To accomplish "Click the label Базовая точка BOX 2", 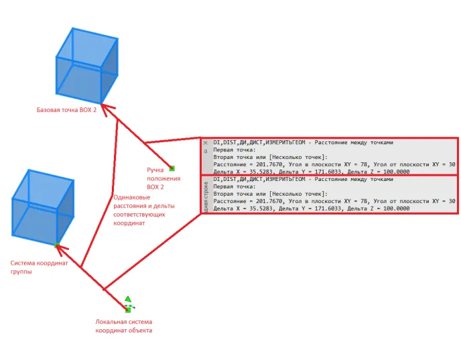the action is [x=66, y=110].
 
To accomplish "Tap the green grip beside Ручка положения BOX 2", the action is [x=172, y=168].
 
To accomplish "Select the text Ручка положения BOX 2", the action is [x=163, y=178].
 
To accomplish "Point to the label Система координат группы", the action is [x=39, y=267].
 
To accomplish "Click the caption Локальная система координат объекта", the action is [x=124, y=326].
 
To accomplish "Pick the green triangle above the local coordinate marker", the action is [x=127, y=299].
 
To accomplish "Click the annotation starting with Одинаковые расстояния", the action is [x=144, y=211].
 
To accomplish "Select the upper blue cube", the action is [x=87, y=66].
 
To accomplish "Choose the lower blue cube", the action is [x=43, y=207].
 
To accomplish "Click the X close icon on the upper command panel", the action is [x=205, y=143].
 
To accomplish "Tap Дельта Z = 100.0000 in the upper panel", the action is [x=379, y=172].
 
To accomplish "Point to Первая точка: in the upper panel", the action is [x=235, y=149].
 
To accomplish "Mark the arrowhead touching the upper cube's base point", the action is [x=105, y=108].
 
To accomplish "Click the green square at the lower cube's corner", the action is [x=57, y=245].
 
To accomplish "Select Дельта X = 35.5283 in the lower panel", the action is [x=243, y=208].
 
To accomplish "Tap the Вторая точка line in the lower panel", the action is [x=270, y=194].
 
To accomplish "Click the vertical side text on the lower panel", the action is [x=206, y=197].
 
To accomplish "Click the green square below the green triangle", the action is [x=128, y=310].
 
